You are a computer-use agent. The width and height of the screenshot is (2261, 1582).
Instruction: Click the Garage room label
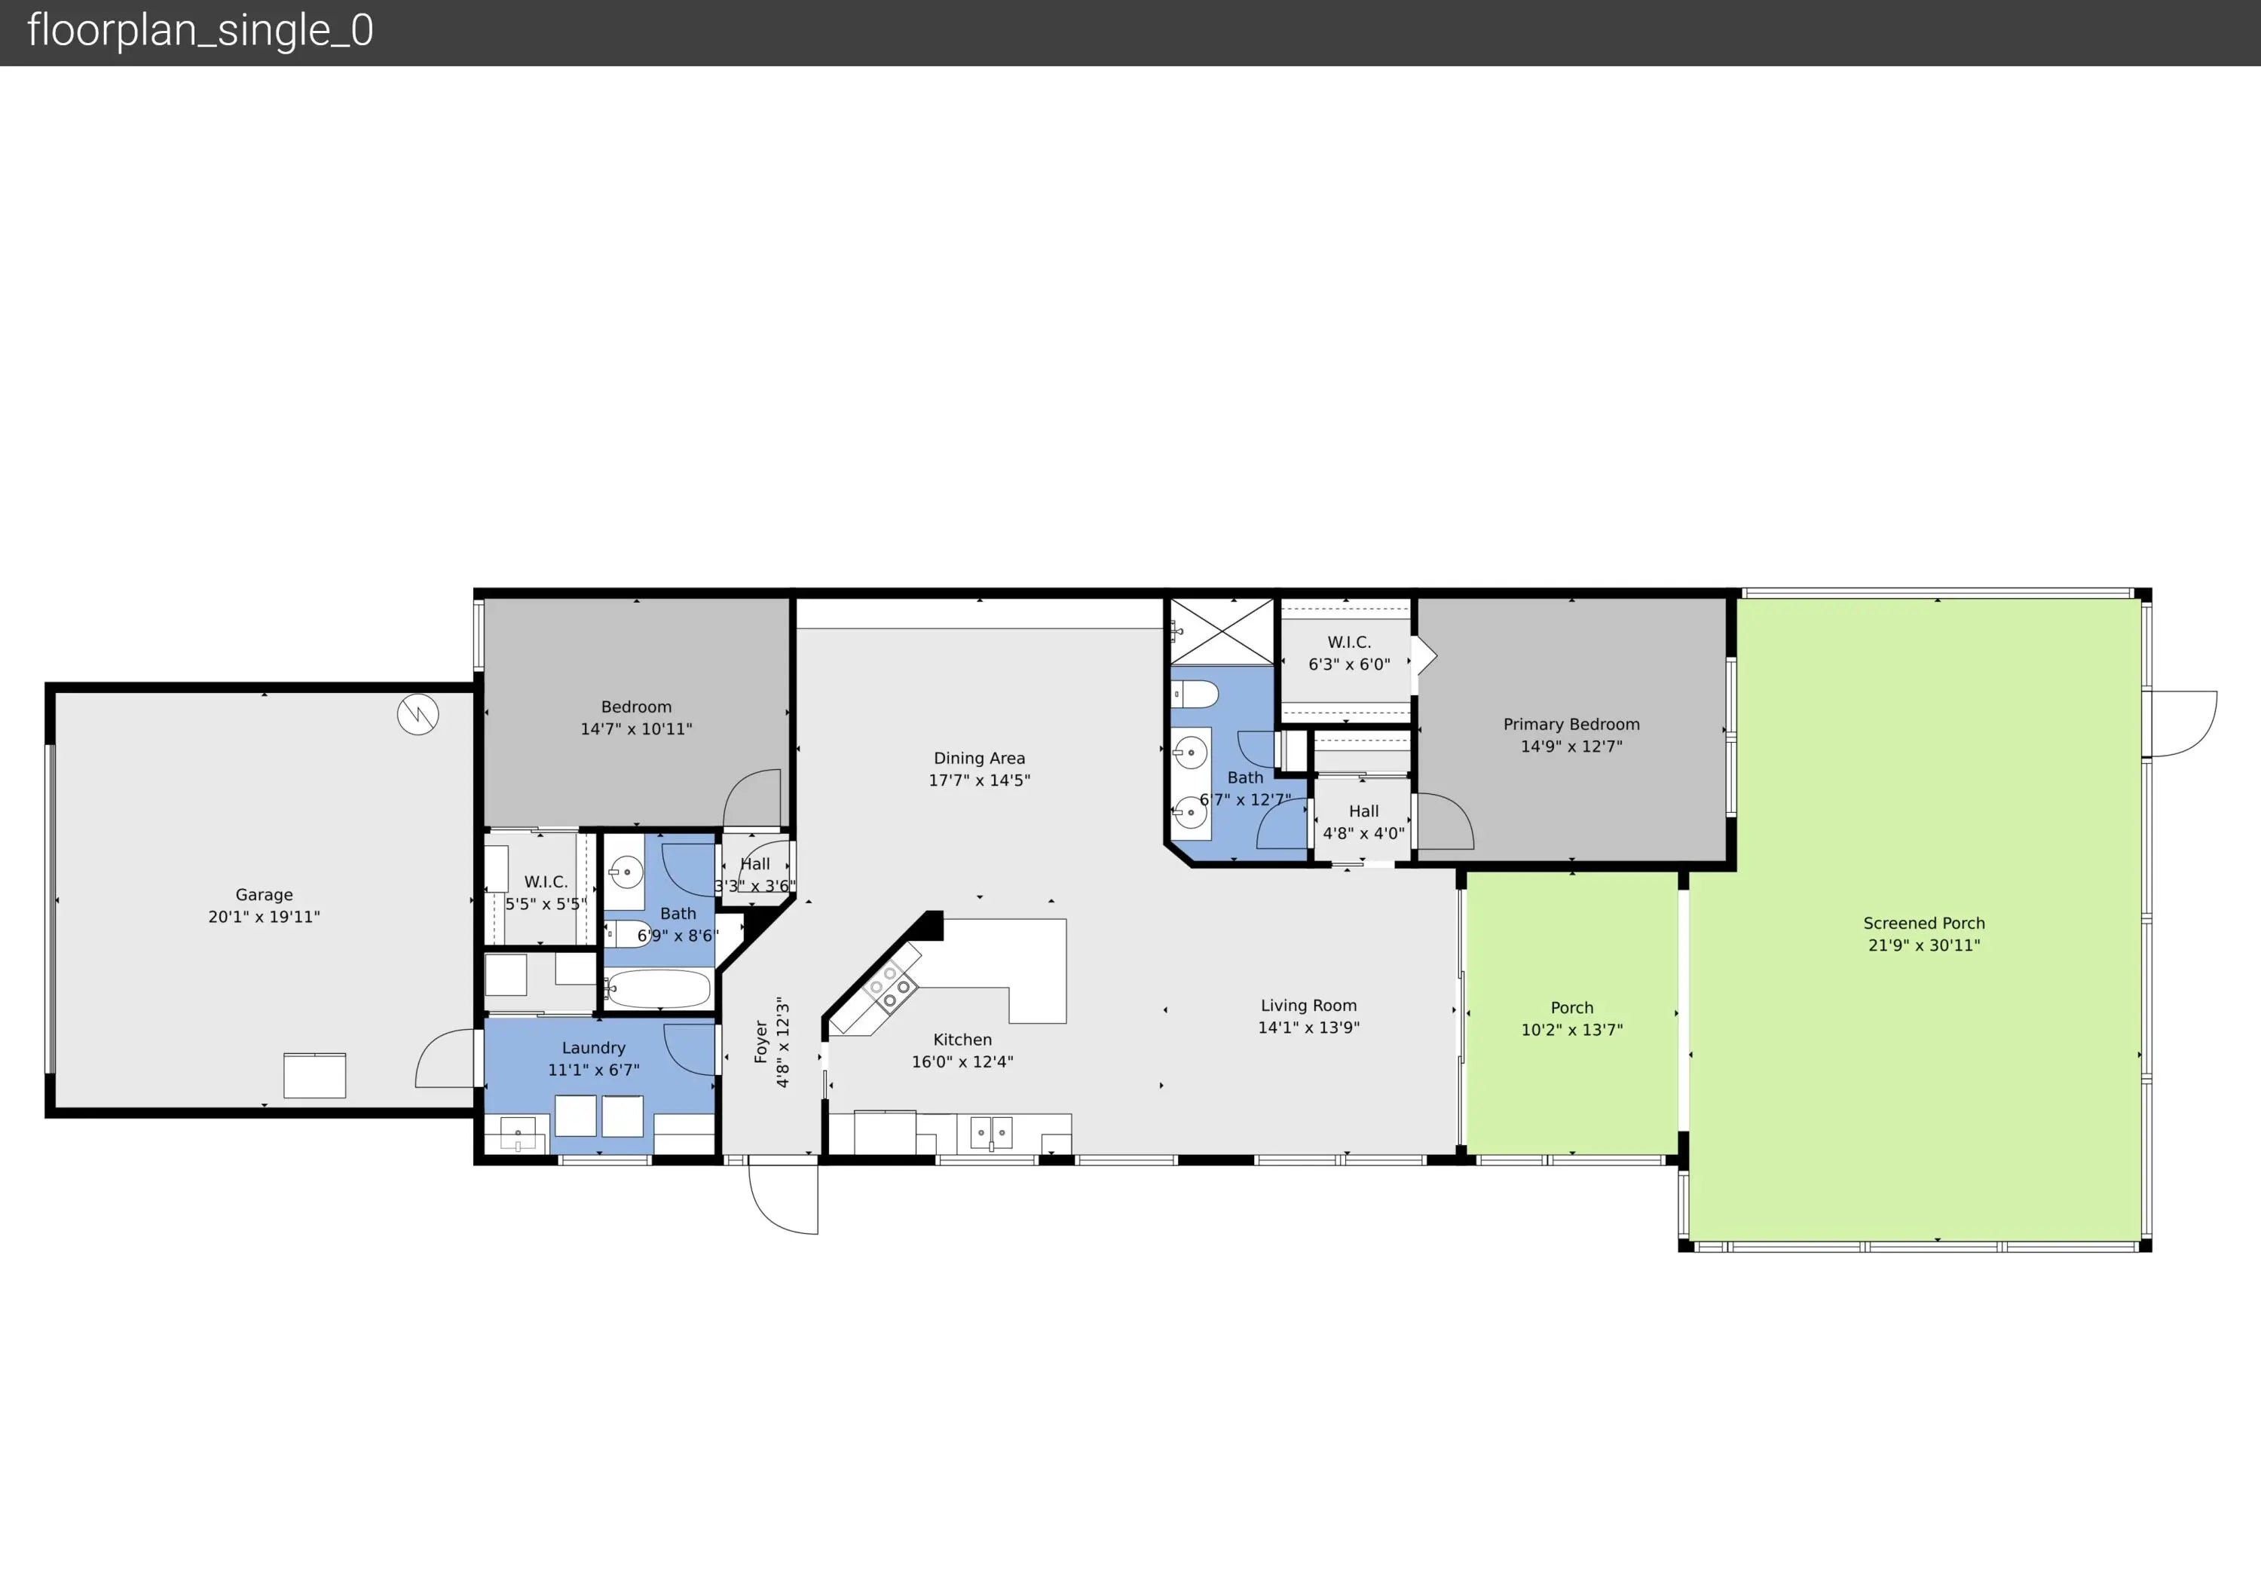(x=264, y=895)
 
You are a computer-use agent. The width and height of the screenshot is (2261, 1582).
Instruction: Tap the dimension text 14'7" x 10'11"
(x=636, y=729)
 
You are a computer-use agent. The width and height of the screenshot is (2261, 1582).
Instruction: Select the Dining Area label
(x=979, y=758)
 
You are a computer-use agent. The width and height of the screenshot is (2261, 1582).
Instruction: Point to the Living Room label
(x=1308, y=1005)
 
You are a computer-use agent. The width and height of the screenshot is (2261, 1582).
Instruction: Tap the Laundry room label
(x=594, y=1047)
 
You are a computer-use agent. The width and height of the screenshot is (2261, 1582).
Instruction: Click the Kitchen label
(x=962, y=1040)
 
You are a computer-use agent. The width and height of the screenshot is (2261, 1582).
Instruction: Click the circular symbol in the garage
(x=418, y=715)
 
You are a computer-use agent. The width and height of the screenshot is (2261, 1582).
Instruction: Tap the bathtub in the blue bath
(x=658, y=989)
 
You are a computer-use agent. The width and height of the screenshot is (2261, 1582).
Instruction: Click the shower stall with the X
(x=1221, y=632)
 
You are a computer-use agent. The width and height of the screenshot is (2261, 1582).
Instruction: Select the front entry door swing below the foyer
(x=784, y=1197)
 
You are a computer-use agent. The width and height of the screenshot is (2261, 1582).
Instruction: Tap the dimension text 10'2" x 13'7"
(x=1571, y=1030)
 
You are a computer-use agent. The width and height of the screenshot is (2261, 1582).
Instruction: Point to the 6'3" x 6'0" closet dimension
(x=1349, y=664)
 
